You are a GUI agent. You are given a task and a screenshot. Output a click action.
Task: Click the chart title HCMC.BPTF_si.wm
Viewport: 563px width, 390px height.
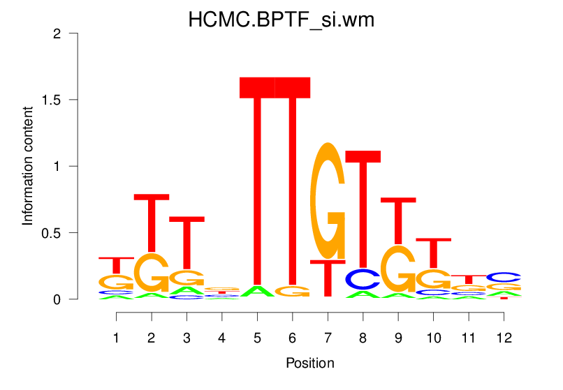tap(281, 20)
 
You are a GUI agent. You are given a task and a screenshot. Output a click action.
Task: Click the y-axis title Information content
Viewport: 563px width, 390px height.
tap(28, 166)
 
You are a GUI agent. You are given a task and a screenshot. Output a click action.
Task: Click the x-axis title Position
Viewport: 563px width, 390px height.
tap(309, 363)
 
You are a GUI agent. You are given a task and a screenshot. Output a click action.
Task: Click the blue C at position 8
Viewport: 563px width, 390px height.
tap(363, 279)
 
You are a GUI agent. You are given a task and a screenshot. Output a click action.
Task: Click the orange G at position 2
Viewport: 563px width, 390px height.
tap(152, 273)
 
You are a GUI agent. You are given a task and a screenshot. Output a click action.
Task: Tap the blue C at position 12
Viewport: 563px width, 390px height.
tap(504, 277)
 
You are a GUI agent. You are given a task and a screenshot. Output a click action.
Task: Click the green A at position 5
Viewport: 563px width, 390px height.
tap(257, 292)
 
